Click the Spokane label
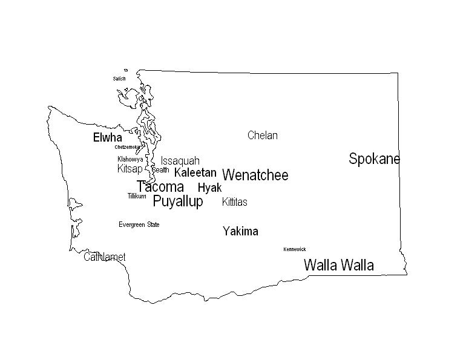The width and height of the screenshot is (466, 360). tap(374, 159)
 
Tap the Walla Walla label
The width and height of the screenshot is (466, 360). tap(338, 265)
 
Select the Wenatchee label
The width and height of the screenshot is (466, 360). tap(255, 175)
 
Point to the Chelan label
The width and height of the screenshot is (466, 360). tap(262, 136)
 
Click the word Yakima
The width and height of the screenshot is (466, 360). tap(240, 231)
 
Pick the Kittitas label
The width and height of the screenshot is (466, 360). tap(234, 202)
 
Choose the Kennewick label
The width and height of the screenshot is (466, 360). tap(295, 249)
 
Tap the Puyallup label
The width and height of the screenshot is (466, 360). tap(178, 201)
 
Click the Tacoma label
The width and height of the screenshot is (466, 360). tap(160, 187)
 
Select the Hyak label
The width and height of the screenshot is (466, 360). tap(209, 188)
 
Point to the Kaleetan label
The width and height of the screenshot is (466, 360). tap(195, 172)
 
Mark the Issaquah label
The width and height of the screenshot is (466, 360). tap(180, 161)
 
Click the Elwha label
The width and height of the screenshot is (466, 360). tap(107, 138)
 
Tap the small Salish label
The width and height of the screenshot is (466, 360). tap(119, 79)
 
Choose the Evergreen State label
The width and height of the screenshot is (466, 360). tap(139, 225)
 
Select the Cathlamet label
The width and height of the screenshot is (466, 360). tap(105, 257)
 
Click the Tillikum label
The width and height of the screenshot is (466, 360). tap(136, 196)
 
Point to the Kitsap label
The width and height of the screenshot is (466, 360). tap(130, 169)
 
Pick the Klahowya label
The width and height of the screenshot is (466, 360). tap(130, 159)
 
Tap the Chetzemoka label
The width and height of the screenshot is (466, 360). tap(127, 147)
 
